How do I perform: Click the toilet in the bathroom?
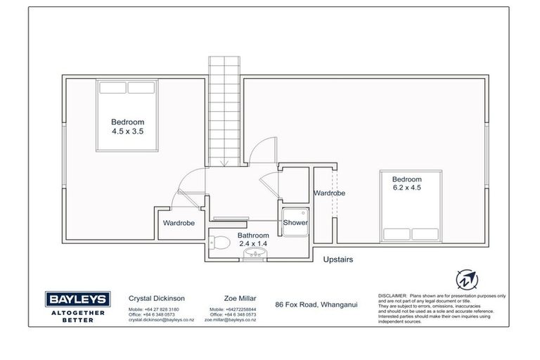(x=220, y=243)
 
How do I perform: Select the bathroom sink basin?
(x=252, y=255)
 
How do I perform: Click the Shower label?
(x=295, y=222)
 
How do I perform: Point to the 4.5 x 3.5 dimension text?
(x=127, y=131)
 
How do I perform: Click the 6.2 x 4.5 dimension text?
(x=408, y=188)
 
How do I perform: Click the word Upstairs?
(x=337, y=259)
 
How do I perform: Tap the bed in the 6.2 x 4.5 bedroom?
(x=410, y=205)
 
